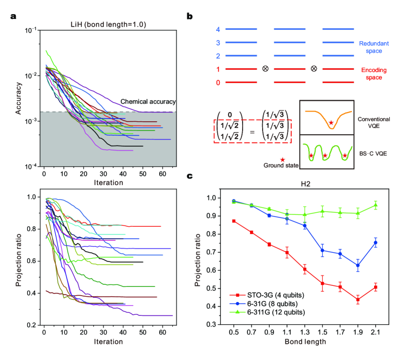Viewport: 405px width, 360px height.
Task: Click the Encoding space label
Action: click(378, 74)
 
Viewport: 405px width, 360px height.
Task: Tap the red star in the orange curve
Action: click(331, 123)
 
